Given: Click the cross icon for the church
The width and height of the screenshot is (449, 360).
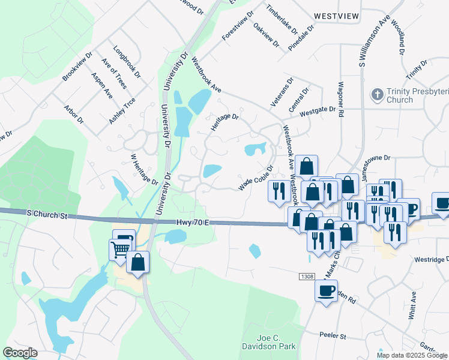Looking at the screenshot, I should (x=377, y=94).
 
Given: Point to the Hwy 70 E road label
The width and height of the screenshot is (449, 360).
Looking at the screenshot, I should (x=192, y=223).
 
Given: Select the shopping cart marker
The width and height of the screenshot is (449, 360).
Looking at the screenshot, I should (x=120, y=248).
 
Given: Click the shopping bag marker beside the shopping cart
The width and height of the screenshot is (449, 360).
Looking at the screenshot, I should (x=138, y=262).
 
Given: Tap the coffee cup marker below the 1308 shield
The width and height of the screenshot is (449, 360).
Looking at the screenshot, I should (x=326, y=291).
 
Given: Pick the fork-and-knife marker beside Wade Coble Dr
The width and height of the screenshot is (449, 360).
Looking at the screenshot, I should (x=279, y=190).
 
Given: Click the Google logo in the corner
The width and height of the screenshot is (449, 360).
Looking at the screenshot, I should (x=20, y=353).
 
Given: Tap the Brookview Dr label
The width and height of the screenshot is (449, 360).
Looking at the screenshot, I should (x=77, y=67).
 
